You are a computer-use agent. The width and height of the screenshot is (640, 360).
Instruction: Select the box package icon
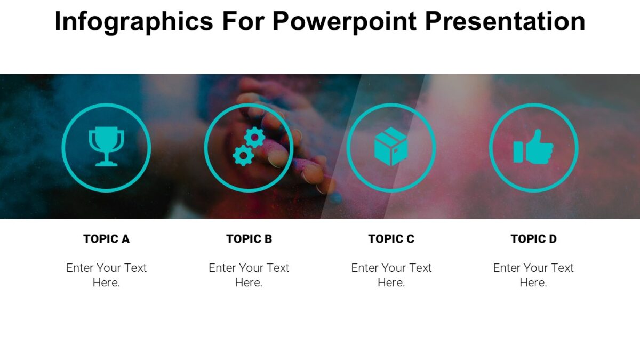pos(391,147)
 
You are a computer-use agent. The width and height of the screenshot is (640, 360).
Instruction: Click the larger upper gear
pos(254,138)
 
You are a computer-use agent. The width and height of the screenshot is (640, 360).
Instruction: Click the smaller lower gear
pos(243,156)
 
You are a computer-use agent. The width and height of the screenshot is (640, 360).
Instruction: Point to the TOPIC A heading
pos(106,239)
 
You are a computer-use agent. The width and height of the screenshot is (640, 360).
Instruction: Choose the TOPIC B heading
pos(249,239)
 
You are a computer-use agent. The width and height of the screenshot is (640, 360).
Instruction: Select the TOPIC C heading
pos(391,239)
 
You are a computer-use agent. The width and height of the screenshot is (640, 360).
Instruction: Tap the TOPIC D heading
pos(533,239)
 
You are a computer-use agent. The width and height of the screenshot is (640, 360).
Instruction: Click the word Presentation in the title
pos(505,22)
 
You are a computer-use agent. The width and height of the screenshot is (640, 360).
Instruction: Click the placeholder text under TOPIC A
pos(106,275)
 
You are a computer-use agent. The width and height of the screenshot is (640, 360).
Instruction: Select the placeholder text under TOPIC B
pos(249,275)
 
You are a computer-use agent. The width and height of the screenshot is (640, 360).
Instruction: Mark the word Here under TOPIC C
pos(391,283)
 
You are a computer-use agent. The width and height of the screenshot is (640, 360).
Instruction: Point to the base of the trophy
pos(106,163)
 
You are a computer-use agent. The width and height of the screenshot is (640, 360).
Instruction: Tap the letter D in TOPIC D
pos(553,239)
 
